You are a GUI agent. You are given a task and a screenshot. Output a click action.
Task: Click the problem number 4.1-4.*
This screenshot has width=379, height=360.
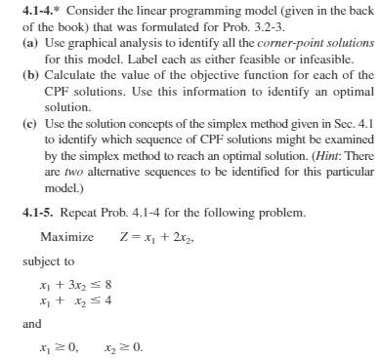(22, 9)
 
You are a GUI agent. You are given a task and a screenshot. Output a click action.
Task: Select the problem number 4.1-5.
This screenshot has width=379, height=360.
(22, 212)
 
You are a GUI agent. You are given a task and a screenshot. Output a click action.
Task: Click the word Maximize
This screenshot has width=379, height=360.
(67, 237)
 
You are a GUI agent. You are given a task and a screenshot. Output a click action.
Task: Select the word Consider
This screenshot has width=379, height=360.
(73, 9)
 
